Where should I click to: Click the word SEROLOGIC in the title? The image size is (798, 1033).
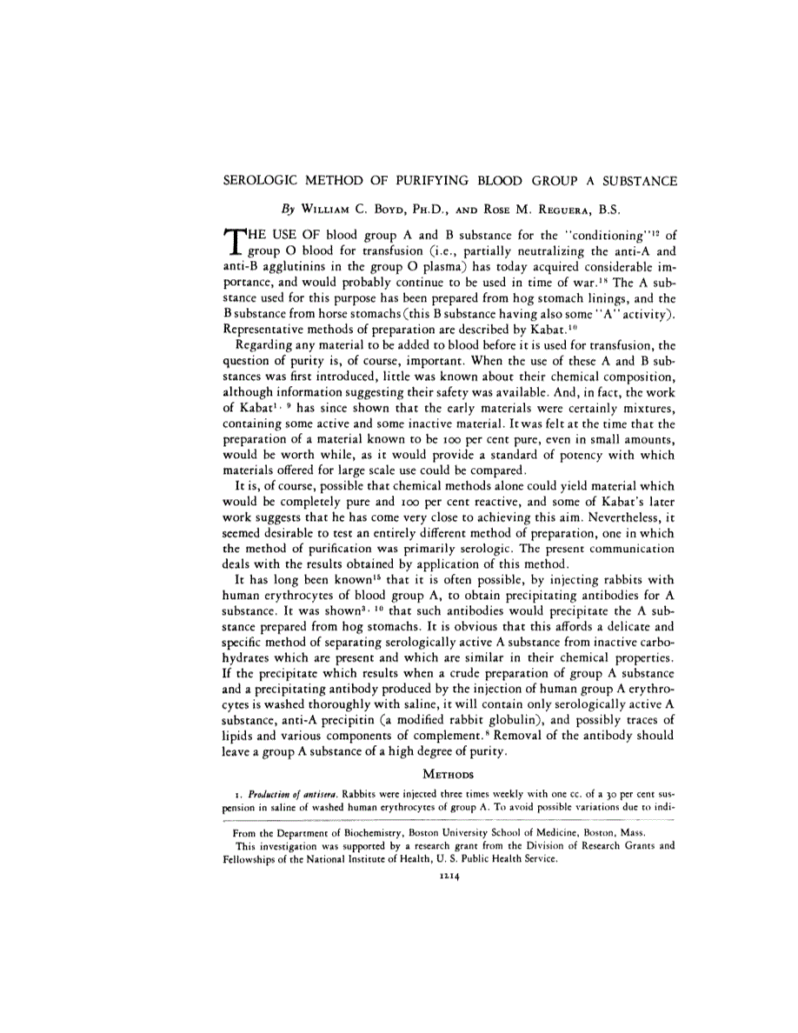click(x=257, y=182)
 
